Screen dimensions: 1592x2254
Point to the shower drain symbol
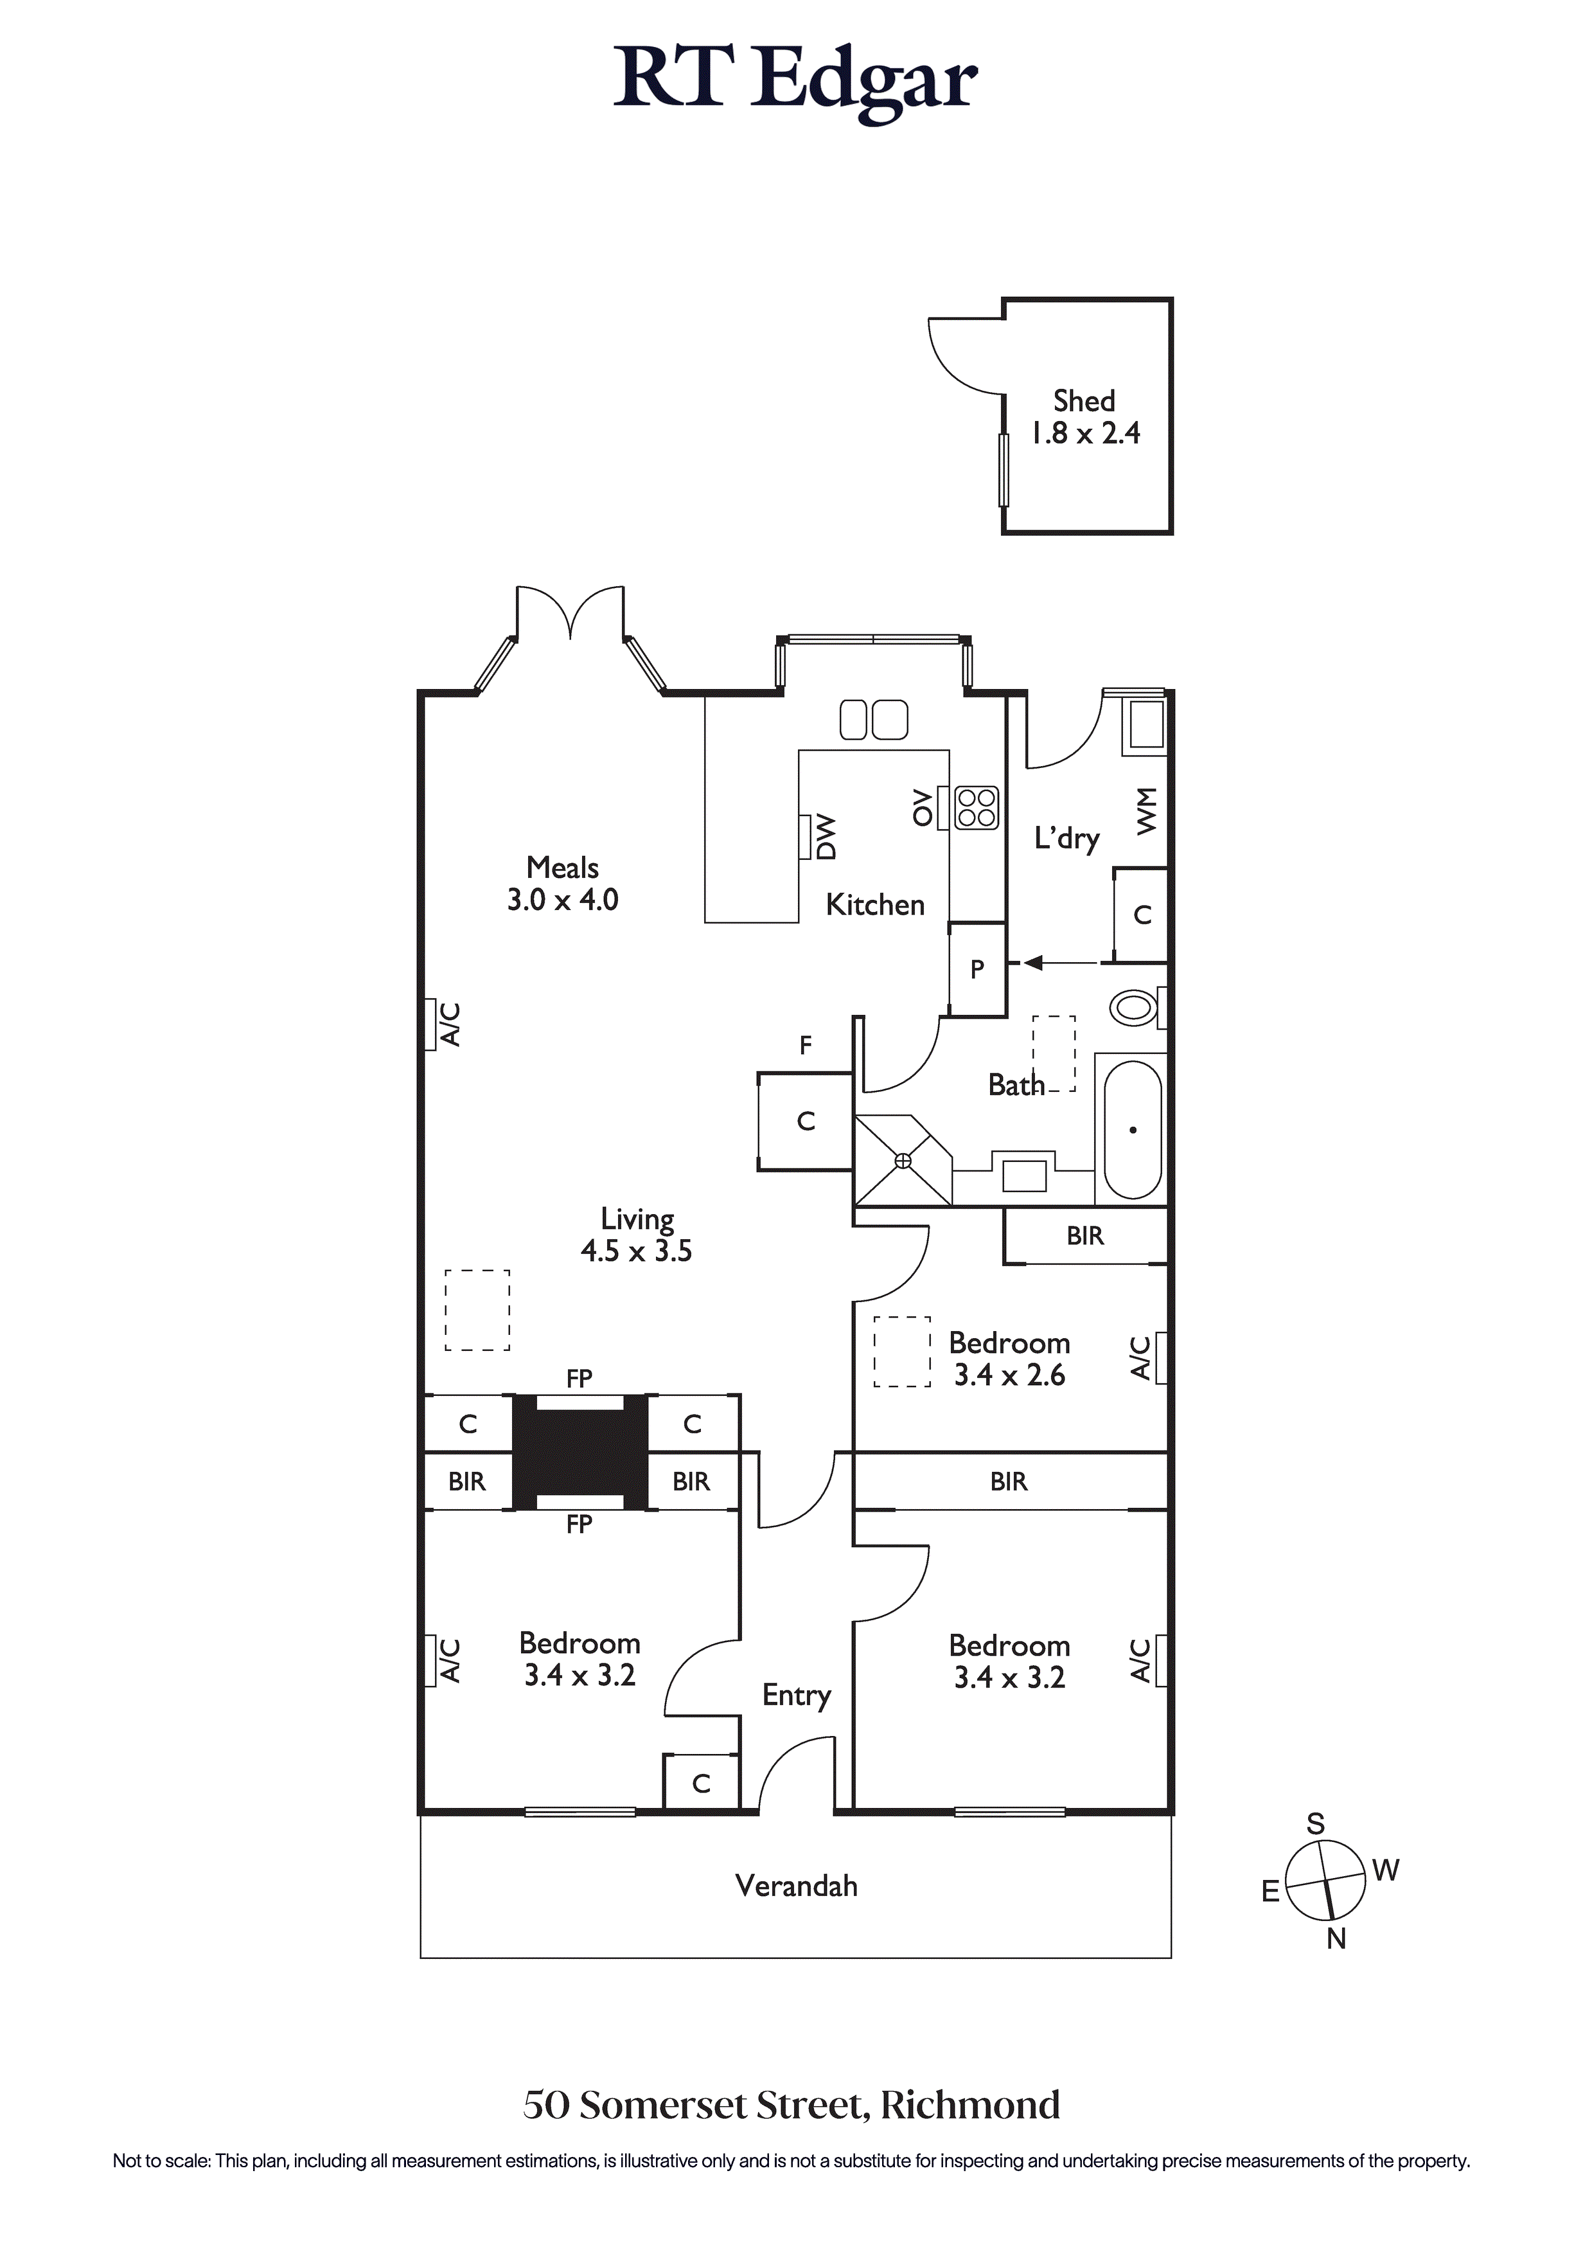[x=903, y=1161]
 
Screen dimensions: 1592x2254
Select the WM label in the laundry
[x=1145, y=811]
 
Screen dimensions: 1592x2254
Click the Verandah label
[x=796, y=1886]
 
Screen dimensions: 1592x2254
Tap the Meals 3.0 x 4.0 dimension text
[x=562, y=899]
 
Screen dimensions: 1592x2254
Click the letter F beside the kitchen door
[x=805, y=1046]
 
